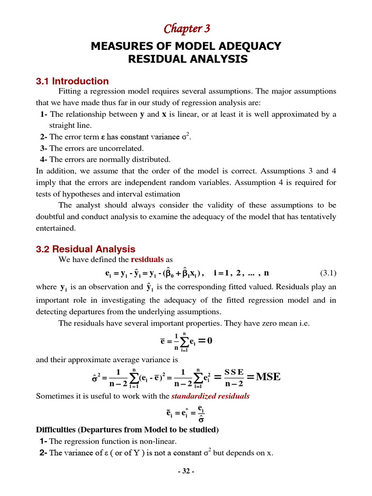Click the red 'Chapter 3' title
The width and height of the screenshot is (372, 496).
[186, 29]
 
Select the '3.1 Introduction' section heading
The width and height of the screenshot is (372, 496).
[72, 81]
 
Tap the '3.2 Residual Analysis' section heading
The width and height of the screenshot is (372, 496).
[86, 249]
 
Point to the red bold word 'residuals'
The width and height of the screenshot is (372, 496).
[147, 260]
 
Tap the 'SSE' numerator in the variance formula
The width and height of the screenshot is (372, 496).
[233, 372]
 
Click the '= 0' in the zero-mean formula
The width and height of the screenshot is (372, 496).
[205, 341]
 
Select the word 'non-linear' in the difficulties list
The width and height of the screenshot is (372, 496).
[160, 441]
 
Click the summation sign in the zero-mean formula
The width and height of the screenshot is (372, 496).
[185, 341]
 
